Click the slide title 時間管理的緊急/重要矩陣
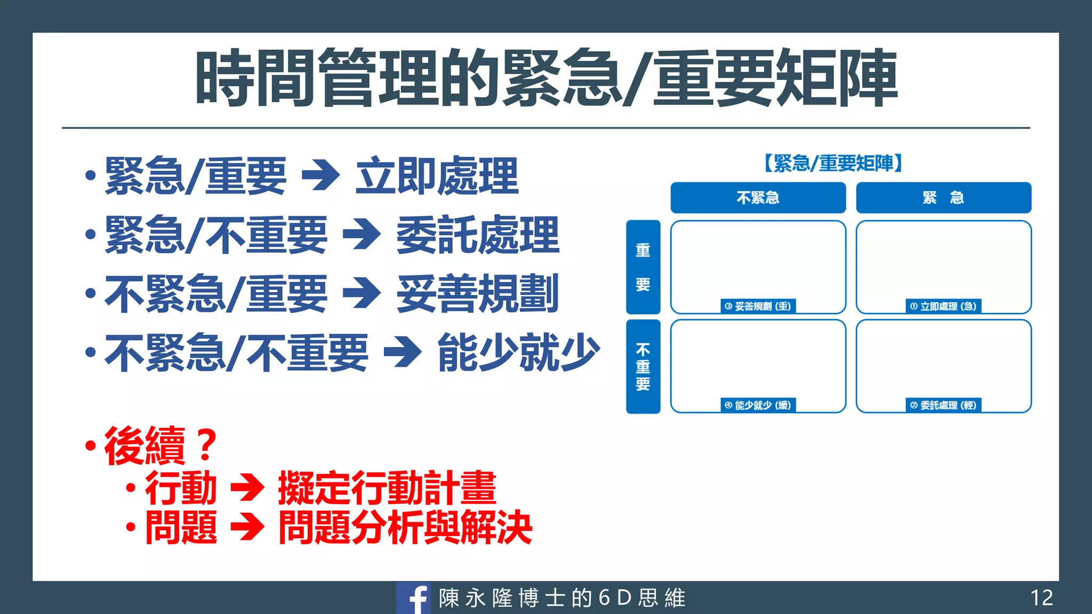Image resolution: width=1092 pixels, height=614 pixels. pos(546,78)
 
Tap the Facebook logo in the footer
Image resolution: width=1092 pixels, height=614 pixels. pos(414,598)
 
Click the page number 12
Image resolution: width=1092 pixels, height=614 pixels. pos(1041,597)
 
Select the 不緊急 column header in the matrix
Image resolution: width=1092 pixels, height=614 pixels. pos(758,198)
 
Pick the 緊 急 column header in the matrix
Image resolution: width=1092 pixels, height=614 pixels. pos(943,198)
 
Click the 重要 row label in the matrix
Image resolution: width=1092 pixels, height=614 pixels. pos(643,266)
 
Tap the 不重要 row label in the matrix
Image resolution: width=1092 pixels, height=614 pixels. pos(643,366)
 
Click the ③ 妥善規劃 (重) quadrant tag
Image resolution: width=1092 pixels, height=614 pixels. pos(758,306)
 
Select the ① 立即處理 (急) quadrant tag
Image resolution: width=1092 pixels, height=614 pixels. pos(943,306)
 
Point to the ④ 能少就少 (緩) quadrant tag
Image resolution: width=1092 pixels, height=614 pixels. pos(758,405)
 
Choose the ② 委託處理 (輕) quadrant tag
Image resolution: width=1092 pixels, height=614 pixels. pos(943,405)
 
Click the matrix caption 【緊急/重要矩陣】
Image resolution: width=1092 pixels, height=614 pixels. pos(833,163)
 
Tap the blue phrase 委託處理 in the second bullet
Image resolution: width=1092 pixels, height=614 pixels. pos(478,235)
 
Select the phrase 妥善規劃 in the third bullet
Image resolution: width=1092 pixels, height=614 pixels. pos(478,294)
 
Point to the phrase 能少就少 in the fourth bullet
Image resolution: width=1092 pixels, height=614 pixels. pos(518,352)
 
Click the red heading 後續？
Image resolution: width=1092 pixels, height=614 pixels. pos(160,446)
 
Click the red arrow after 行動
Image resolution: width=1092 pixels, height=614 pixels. pos(247,487)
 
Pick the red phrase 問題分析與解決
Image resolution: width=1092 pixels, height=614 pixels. pos(405,528)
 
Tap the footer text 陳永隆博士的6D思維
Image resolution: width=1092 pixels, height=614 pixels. pos(562,598)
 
